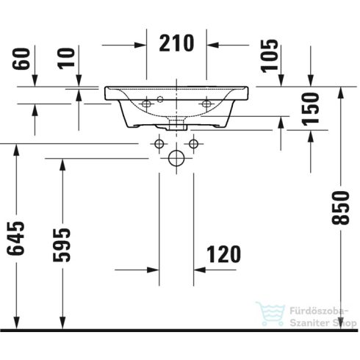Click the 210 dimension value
[x=177, y=44]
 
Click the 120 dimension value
[x=223, y=255]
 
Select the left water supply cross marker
[x=159, y=144]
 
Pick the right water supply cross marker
[x=194, y=144]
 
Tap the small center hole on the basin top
[x=161, y=98]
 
